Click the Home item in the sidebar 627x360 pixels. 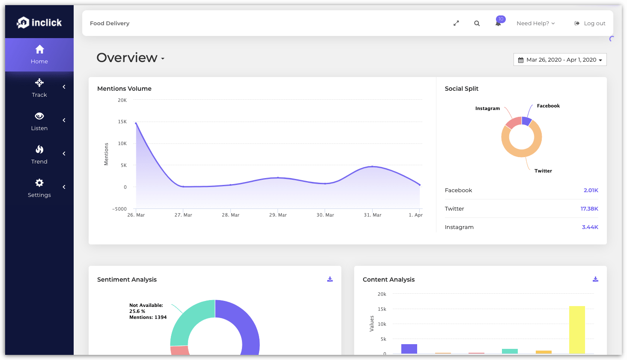tap(39, 54)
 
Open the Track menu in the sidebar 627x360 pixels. tap(39, 88)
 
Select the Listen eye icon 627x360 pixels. tap(39, 116)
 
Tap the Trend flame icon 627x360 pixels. tap(39, 149)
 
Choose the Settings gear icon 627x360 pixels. tap(39, 183)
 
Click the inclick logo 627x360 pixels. tap(39, 23)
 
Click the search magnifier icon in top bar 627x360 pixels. tap(477, 24)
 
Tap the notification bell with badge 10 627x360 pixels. tap(498, 23)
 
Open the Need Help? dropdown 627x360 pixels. tap(535, 24)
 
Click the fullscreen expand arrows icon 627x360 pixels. tap(456, 24)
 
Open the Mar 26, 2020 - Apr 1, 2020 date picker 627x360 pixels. tap(560, 60)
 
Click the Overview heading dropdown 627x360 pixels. tap(130, 58)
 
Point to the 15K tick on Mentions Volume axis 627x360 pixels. tap(122, 122)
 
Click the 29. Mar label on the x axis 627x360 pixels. tap(278, 215)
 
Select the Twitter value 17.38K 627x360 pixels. tap(589, 209)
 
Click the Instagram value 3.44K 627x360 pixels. tap(590, 227)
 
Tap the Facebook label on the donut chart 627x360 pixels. tap(548, 106)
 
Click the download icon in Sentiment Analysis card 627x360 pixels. tap(330, 279)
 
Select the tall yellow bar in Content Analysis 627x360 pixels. tap(577, 330)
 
